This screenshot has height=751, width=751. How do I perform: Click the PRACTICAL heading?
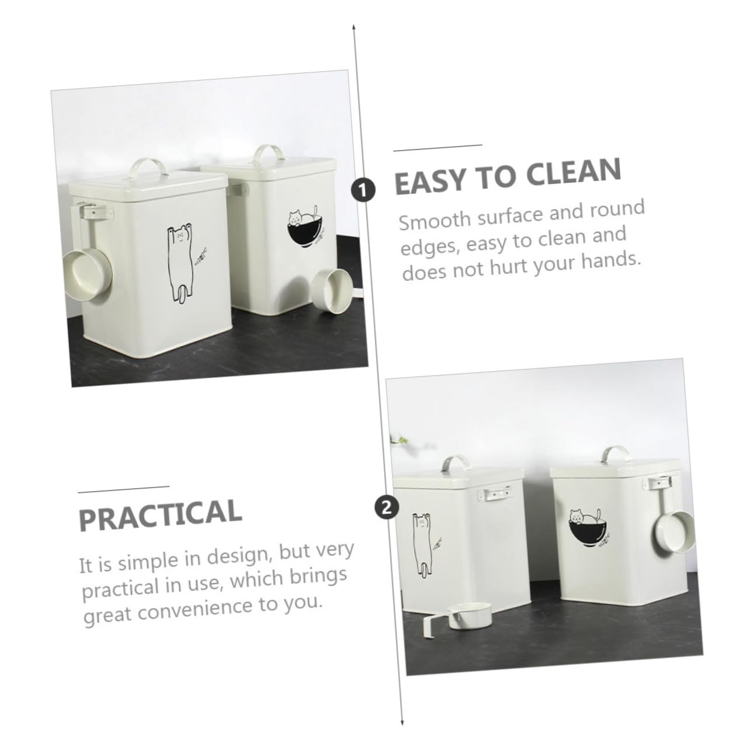click(x=160, y=514)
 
